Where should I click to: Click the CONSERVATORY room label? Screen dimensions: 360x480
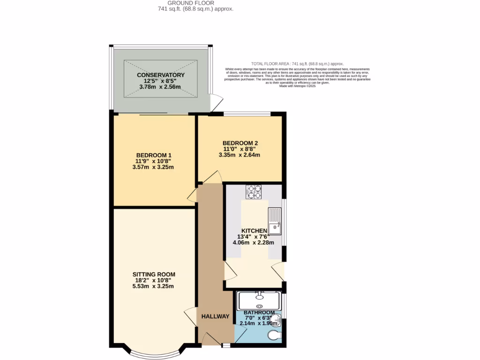161,75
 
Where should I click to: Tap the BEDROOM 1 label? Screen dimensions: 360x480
154,156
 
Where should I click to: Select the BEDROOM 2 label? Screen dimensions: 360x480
240,143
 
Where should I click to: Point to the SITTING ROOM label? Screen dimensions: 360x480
154,274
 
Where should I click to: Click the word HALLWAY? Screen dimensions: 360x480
216,316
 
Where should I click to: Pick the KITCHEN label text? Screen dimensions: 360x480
254,231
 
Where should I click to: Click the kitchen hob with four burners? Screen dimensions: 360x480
254,192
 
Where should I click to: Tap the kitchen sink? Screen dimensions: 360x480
274,221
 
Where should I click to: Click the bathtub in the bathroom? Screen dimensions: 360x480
259,300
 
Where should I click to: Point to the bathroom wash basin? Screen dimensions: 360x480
277,321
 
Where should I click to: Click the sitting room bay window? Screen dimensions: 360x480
154,352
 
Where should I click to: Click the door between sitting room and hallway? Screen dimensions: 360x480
191,318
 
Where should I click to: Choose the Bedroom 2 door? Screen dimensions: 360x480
213,178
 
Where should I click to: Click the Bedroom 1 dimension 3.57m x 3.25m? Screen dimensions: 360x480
154,167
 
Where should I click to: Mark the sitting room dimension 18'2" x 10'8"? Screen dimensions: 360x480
154,280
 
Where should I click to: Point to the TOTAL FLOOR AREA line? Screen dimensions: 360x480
297,63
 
